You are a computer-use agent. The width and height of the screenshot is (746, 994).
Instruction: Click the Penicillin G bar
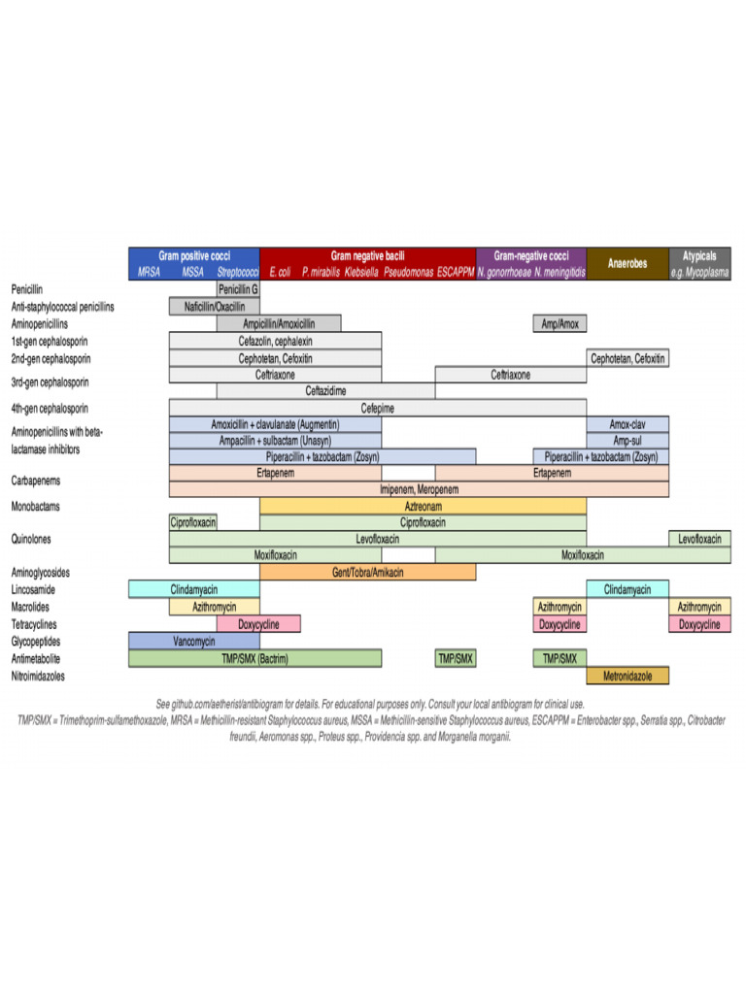click(238, 289)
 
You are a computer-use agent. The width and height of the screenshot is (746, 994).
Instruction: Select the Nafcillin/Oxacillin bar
click(214, 307)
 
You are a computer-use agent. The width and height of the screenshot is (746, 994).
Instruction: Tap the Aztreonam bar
click(423, 506)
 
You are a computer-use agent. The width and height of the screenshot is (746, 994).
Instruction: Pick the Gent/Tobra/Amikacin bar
click(367, 573)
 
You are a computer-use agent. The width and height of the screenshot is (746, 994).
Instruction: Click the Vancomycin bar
click(194, 641)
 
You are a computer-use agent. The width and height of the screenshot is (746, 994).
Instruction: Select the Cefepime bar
click(377, 408)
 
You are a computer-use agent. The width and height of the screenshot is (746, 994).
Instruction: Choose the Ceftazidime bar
click(325, 390)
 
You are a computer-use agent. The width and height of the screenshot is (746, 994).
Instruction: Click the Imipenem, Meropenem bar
click(419, 489)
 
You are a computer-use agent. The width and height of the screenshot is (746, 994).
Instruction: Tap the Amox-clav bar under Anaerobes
click(627, 424)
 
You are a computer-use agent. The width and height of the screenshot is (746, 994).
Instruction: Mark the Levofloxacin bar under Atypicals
click(699, 538)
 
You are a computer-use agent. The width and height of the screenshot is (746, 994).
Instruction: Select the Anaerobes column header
click(627, 263)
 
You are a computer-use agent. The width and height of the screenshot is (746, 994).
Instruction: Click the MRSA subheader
click(149, 273)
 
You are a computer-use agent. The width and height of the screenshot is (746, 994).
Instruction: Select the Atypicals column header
click(699, 256)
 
